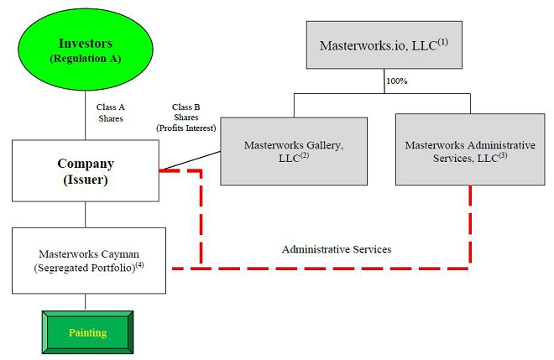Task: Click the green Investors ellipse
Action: [x=86, y=50]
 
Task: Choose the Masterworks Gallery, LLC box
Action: [x=293, y=151]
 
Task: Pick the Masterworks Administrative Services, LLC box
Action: [x=469, y=151]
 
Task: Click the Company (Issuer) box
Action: [x=86, y=170]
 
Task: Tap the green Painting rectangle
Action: [x=87, y=332]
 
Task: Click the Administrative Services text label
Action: [x=336, y=249]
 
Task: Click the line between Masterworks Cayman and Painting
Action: [x=86, y=302]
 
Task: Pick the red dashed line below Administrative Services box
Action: [x=469, y=227]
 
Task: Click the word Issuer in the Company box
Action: [x=86, y=180]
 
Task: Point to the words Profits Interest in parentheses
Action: [x=186, y=128]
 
